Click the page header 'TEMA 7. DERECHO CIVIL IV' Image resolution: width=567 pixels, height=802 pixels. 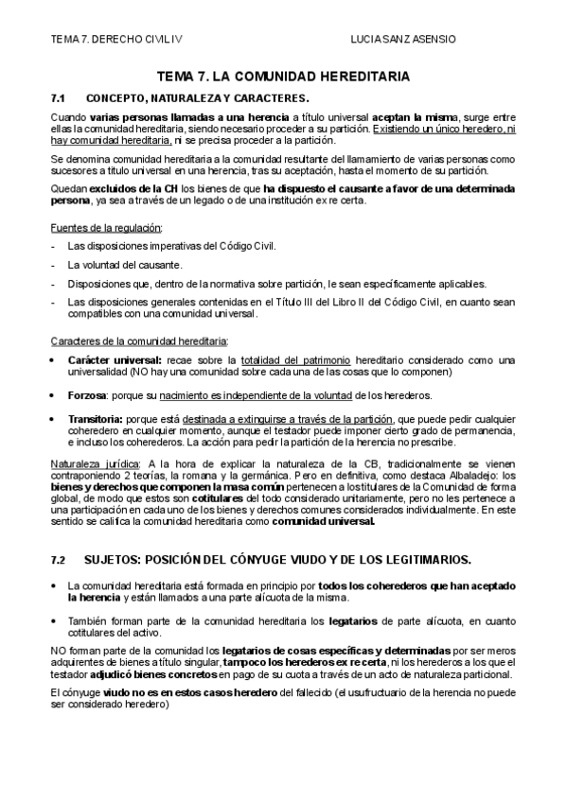pyautogui.click(x=115, y=40)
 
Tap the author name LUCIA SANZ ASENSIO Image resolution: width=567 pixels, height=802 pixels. pyautogui.click(x=403, y=40)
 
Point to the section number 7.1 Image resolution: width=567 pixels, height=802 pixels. pyautogui.click(x=57, y=98)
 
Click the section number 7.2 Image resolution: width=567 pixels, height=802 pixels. pyautogui.click(x=58, y=560)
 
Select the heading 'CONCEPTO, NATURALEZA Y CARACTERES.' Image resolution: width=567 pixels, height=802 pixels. pyautogui.click(x=196, y=98)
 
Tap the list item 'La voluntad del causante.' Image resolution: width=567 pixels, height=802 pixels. pyautogui.click(x=125, y=266)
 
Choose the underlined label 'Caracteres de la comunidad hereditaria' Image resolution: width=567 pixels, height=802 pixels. pyautogui.click(x=138, y=340)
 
